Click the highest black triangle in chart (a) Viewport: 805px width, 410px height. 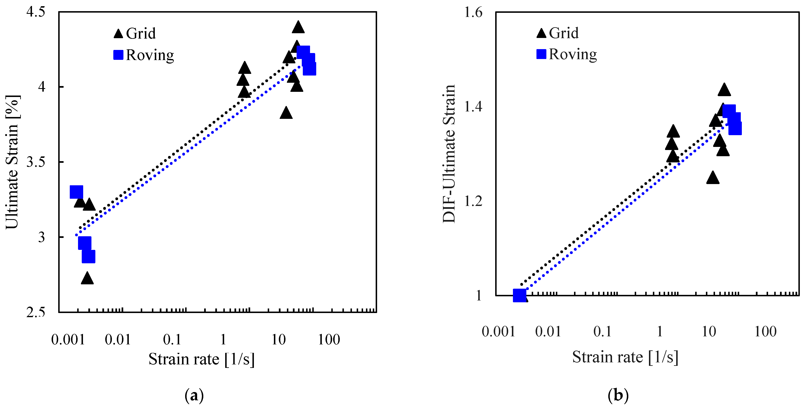point(298,27)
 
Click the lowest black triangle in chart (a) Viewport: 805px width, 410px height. point(87,278)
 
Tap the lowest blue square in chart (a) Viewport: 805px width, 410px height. point(88,256)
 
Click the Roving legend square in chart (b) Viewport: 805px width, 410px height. point(541,54)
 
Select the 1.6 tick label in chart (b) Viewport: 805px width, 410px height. point(473,13)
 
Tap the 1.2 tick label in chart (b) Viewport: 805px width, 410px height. point(473,201)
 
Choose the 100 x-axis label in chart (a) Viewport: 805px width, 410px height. point(329,339)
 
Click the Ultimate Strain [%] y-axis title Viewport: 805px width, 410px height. point(13,162)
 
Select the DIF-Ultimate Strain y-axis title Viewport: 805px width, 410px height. point(449,154)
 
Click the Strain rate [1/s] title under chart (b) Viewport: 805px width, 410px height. point(625,357)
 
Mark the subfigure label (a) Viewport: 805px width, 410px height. point(194,395)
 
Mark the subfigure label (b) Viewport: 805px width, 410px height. point(618,395)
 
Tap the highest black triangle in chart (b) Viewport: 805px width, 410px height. point(724,90)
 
